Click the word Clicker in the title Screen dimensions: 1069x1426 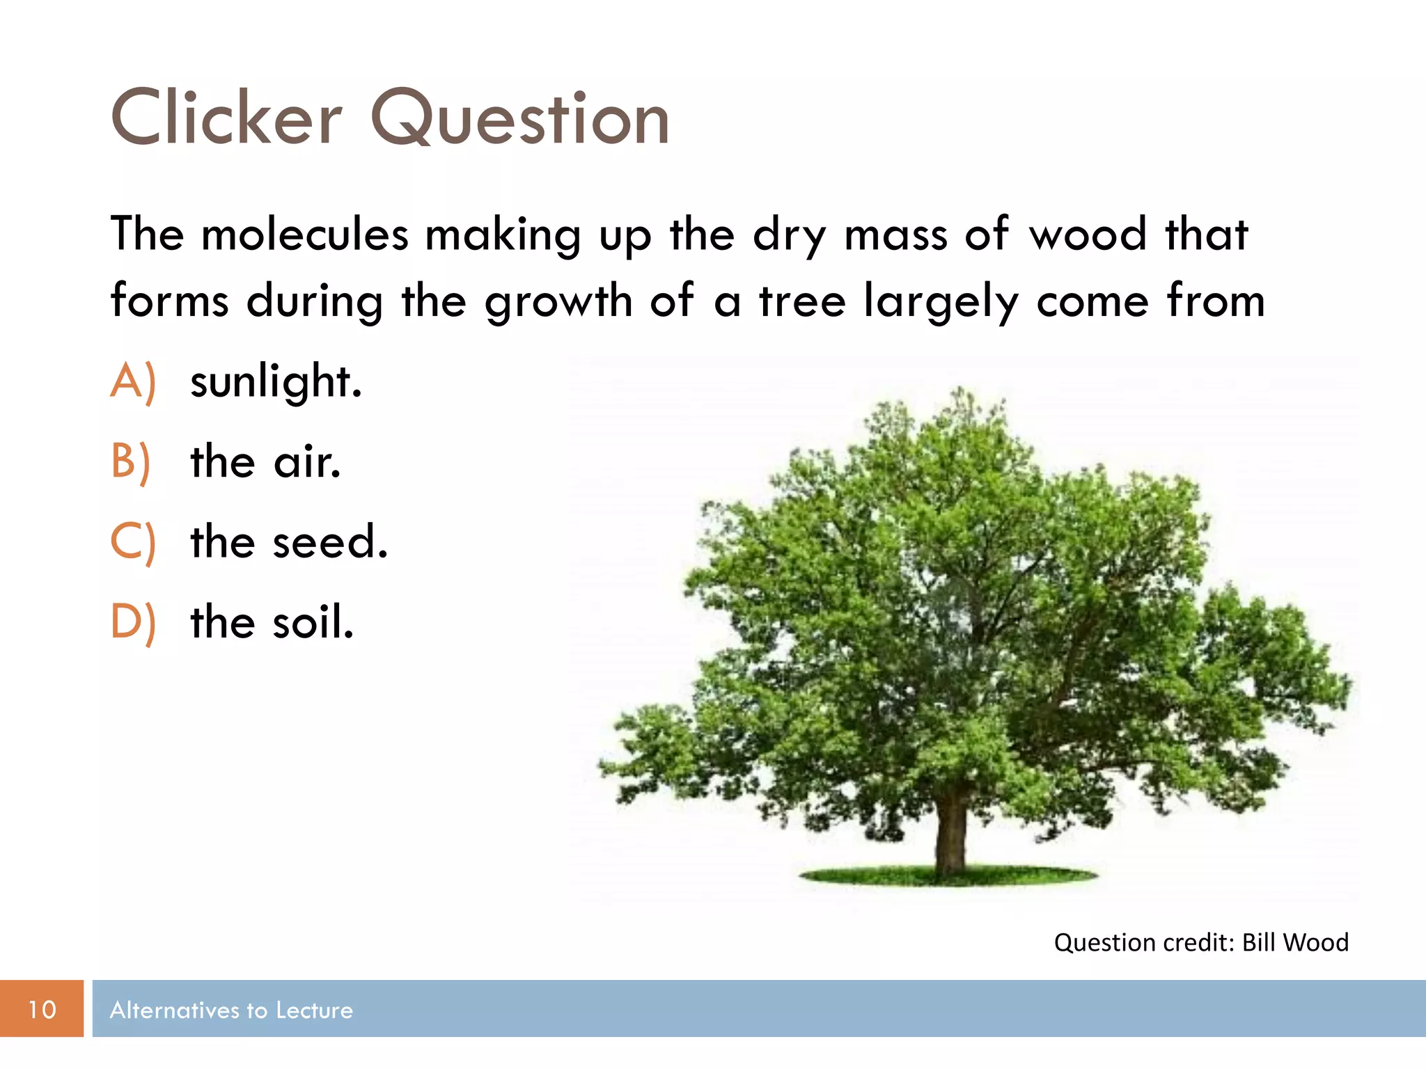click(226, 118)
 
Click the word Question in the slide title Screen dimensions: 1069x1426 click(520, 118)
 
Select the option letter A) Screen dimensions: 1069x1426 click(133, 381)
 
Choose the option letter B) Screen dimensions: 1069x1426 click(131, 462)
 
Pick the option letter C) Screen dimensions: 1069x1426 click(132, 542)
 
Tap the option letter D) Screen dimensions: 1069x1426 click(133, 622)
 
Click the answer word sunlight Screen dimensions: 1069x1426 click(276, 381)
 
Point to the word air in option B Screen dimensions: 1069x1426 click(307, 462)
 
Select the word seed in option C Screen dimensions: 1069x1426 click(329, 542)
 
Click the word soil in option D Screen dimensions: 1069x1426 click(313, 622)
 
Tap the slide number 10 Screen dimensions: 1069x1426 click(42, 1009)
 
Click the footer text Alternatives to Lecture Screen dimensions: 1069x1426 click(231, 1010)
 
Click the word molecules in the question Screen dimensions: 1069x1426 click(304, 235)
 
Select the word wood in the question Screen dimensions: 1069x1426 click(1088, 235)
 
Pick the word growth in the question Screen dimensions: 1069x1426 click(558, 302)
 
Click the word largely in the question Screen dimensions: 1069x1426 click(941, 302)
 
